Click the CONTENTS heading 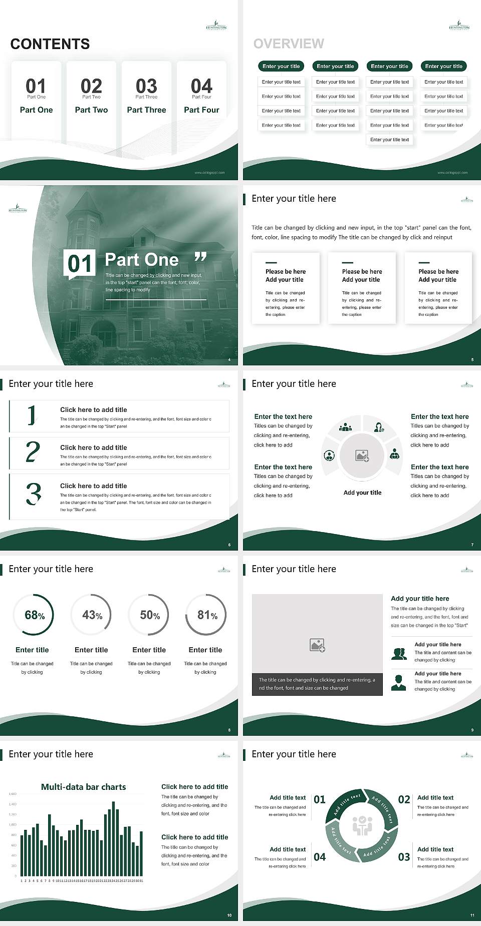point(50,44)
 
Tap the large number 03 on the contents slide point(146,86)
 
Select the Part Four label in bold point(201,110)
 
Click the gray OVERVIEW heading point(289,44)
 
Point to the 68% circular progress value point(34,615)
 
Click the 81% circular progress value point(207,615)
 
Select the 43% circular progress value point(92,615)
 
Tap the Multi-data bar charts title point(84,787)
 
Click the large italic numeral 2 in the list point(33,452)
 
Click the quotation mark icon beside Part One point(200,257)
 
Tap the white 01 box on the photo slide point(80,263)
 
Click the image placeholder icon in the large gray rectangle point(317,645)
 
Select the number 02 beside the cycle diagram point(404,799)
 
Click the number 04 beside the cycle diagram point(320,857)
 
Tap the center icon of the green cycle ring point(362,825)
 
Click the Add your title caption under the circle point(362,493)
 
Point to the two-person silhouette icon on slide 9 point(399,654)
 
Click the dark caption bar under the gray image point(317,684)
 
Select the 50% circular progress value point(149,615)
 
